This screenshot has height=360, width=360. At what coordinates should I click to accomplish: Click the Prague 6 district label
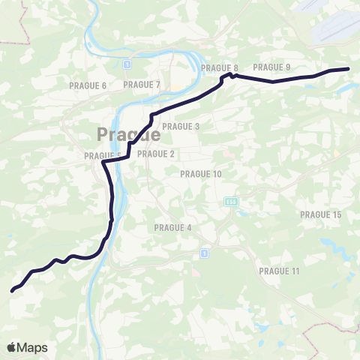point(88,85)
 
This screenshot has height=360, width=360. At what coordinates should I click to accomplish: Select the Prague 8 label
point(220,67)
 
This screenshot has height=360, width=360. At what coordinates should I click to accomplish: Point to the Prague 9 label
point(271,67)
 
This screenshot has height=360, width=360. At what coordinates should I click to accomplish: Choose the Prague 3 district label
point(181,127)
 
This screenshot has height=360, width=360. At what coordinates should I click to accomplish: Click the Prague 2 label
point(156,154)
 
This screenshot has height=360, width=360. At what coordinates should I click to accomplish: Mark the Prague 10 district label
point(201,174)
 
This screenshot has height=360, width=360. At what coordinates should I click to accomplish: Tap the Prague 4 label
point(173,227)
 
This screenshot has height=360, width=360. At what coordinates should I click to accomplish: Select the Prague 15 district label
point(320,214)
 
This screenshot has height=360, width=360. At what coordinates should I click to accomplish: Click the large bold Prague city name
point(128,136)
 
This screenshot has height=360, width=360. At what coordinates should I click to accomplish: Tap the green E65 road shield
point(229,201)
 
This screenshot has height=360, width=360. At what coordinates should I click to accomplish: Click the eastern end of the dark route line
point(349,69)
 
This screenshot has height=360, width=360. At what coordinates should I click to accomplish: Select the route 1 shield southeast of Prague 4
point(202,253)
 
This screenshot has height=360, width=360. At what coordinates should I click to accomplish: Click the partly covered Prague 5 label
point(100,155)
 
